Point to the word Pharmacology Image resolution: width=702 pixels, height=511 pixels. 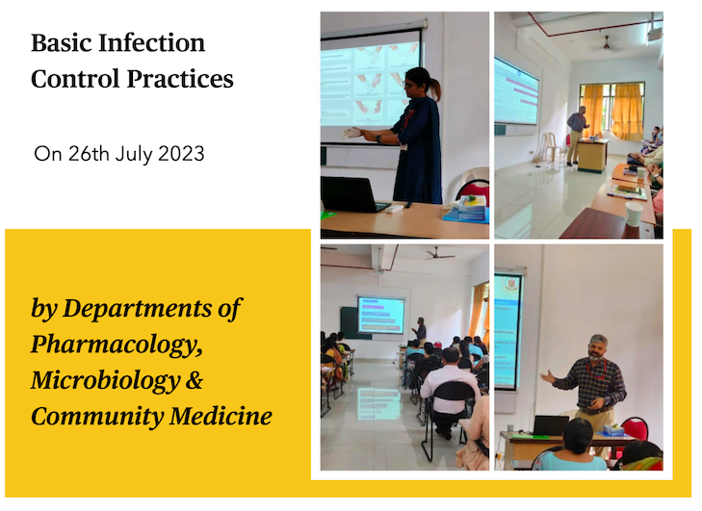click(x=116, y=345)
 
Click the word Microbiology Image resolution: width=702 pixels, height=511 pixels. click(x=105, y=380)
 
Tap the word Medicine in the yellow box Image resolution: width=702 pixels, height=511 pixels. click(x=221, y=416)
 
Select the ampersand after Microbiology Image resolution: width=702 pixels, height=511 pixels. click(x=194, y=380)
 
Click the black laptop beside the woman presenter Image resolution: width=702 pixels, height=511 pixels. click(x=352, y=194)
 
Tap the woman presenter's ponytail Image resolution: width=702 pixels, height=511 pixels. click(x=434, y=87)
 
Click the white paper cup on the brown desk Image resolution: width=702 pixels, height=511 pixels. click(x=634, y=214)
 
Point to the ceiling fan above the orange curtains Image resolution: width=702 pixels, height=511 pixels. click(x=607, y=44)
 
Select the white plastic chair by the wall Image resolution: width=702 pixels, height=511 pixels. click(x=547, y=146)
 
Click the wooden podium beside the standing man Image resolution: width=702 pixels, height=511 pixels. click(x=593, y=155)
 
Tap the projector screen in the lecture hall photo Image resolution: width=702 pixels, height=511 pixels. click(x=380, y=315)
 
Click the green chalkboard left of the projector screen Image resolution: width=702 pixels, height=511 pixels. click(x=349, y=322)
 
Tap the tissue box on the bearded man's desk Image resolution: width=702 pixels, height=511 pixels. click(x=612, y=430)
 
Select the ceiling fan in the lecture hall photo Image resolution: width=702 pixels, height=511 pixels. click(x=439, y=254)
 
